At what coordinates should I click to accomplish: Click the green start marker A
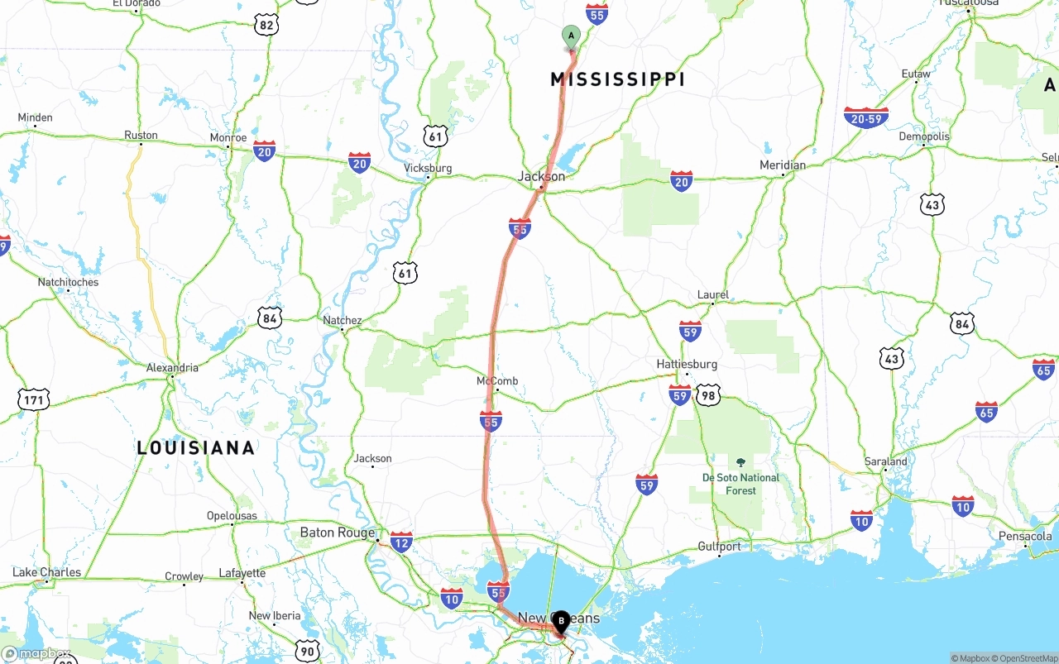(x=571, y=36)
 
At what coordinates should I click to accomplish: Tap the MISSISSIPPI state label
(x=617, y=79)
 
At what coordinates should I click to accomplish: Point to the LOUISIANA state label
(x=195, y=448)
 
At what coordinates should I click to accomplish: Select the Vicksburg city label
(x=428, y=168)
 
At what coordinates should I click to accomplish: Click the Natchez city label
(x=342, y=320)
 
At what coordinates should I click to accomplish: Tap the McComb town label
(x=497, y=381)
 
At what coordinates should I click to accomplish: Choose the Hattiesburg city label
(x=687, y=364)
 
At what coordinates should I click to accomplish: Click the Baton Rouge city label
(x=337, y=533)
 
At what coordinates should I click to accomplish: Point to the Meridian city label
(x=782, y=165)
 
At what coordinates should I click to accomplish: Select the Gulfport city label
(x=719, y=547)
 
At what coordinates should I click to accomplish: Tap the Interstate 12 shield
(x=401, y=542)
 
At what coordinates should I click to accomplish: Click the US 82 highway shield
(x=266, y=26)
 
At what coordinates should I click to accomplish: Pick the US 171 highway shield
(x=33, y=400)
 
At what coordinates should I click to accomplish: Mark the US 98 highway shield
(x=708, y=395)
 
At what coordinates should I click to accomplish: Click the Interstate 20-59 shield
(x=865, y=117)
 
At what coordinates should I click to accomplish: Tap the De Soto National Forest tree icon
(x=740, y=462)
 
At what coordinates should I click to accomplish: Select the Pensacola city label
(x=1024, y=536)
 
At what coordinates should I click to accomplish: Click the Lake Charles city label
(x=47, y=572)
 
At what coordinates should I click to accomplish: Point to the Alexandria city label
(x=172, y=367)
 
